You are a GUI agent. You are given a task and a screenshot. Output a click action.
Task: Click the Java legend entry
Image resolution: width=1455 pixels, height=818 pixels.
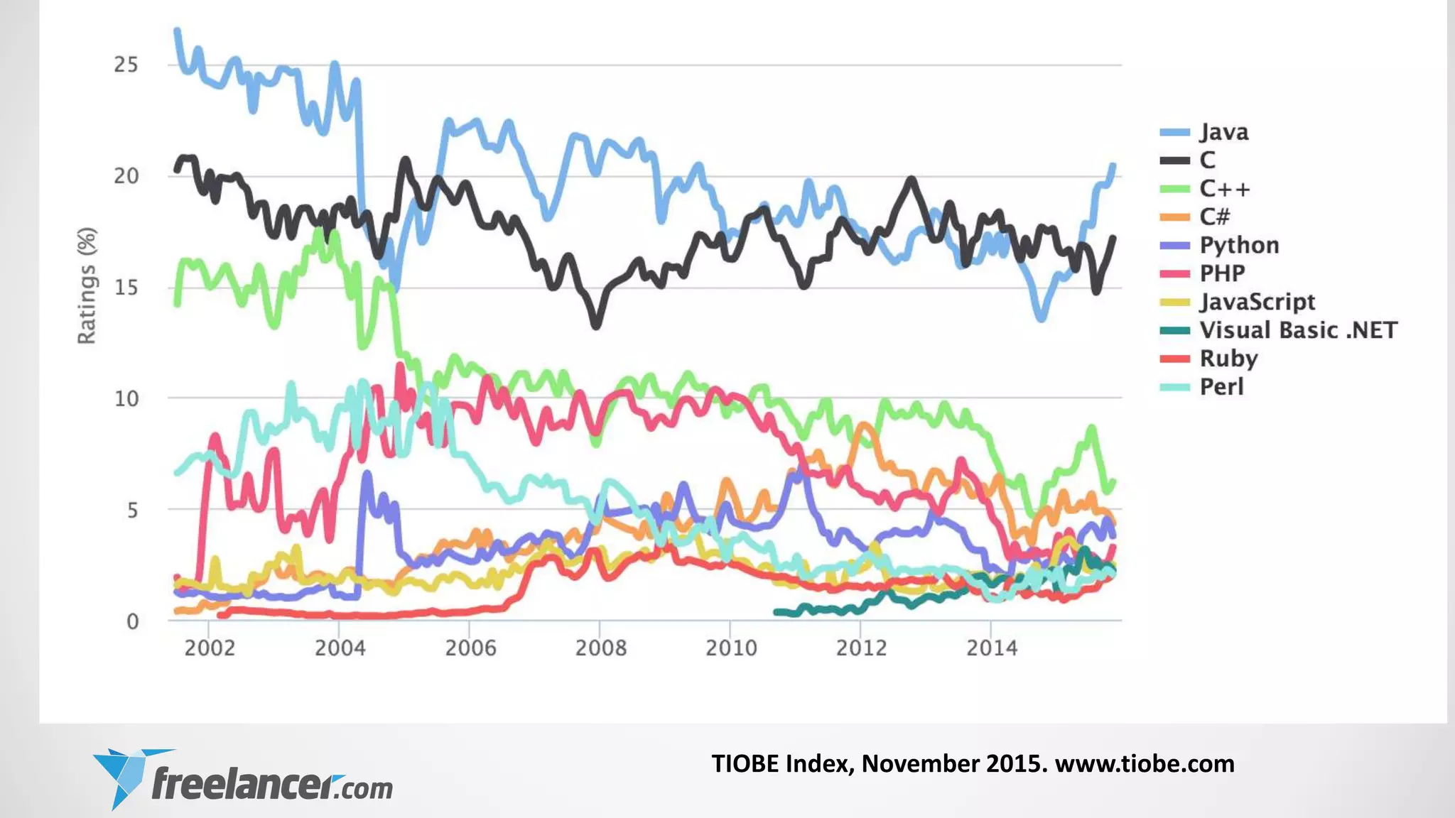pyautogui.click(x=1223, y=132)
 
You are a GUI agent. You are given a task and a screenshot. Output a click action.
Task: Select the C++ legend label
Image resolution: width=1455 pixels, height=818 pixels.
pyautogui.click(x=1224, y=189)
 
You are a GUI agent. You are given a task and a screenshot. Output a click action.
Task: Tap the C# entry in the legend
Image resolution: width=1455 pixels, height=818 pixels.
pyautogui.click(x=1214, y=217)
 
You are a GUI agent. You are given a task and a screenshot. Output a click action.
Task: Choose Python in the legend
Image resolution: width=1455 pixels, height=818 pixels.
pyautogui.click(x=1239, y=245)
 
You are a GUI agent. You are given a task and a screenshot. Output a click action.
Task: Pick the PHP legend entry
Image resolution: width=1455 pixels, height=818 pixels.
pyautogui.click(x=1222, y=273)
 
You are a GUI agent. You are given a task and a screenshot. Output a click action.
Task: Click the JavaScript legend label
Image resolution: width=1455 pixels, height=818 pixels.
pyautogui.click(x=1257, y=302)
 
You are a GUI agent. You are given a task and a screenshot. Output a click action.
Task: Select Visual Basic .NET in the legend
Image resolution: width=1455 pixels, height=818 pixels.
pyautogui.click(x=1298, y=330)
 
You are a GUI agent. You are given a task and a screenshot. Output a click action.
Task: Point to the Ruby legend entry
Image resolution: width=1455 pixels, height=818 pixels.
pyautogui.click(x=1228, y=359)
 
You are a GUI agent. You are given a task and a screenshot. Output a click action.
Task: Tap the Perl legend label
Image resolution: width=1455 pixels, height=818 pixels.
pyautogui.click(x=1221, y=387)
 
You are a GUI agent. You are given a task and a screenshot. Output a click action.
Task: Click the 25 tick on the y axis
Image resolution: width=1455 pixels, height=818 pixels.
pyautogui.click(x=126, y=65)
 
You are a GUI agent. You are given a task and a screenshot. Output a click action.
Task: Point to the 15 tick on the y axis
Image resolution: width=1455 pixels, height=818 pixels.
pyautogui.click(x=126, y=288)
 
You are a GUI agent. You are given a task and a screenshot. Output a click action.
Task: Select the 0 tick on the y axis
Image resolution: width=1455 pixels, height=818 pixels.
pyautogui.click(x=132, y=621)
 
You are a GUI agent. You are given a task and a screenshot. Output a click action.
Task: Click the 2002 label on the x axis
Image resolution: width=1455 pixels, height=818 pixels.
pyautogui.click(x=209, y=648)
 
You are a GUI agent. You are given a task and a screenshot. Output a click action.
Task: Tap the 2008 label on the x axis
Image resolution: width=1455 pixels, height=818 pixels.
pyautogui.click(x=600, y=648)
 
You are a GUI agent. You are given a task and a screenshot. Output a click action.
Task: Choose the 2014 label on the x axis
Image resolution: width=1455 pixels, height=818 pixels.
pyautogui.click(x=991, y=648)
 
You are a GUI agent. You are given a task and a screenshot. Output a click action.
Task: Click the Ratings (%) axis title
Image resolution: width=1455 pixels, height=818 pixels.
pyautogui.click(x=87, y=285)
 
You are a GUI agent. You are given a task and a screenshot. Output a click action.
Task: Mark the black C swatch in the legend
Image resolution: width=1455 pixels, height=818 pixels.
pyautogui.click(x=1174, y=160)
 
